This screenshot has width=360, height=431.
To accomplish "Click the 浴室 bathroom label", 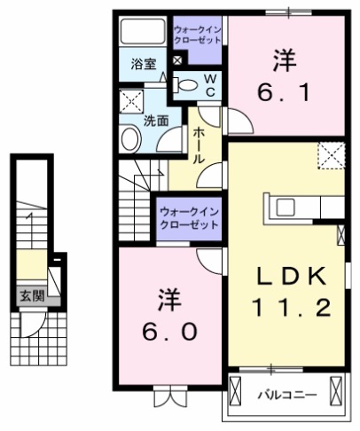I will click(144, 64).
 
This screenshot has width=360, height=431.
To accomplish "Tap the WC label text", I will click(211, 86).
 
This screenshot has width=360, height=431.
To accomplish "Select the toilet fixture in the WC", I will click(187, 85).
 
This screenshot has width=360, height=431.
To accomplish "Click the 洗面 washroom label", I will click(157, 121).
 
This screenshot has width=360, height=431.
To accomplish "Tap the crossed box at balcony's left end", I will click(236, 391).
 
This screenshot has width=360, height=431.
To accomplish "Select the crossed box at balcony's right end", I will click(336, 391).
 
